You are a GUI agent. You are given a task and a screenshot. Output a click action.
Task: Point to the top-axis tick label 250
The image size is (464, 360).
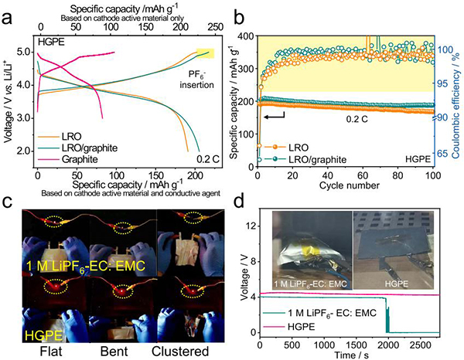[197, 25]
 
